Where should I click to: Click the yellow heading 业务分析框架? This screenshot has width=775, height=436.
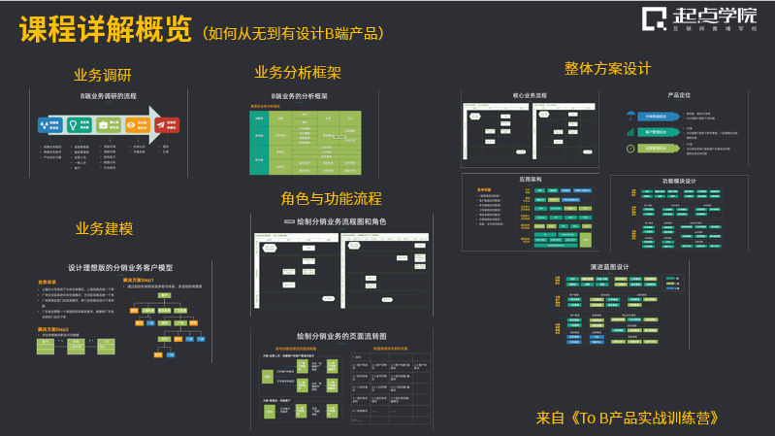click(x=298, y=73)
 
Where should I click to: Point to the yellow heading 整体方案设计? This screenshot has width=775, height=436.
click(x=607, y=69)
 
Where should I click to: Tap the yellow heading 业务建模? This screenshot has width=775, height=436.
click(x=105, y=229)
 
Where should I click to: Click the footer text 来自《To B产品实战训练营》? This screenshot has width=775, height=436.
click(x=633, y=419)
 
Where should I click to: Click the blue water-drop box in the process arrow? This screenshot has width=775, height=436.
click(x=50, y=125)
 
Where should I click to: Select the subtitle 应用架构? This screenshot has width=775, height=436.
click(x=530, y=179)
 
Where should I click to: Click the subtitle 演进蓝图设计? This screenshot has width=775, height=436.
click(x=610, y=267)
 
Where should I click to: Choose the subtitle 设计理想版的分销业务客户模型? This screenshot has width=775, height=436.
click(x=119, y=267)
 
